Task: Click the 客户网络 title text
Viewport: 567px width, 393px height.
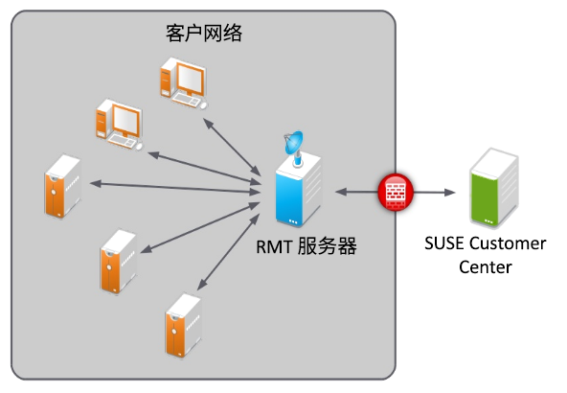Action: (204, 34)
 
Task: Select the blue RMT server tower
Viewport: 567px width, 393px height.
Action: (298, 190)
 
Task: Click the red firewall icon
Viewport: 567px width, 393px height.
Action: (396, 192)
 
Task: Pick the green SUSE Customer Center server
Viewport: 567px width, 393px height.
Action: (494, 188)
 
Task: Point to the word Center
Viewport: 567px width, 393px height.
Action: (486, 267)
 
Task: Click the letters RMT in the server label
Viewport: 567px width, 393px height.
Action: (274, 246)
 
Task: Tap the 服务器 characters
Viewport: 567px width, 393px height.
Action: (328, 246)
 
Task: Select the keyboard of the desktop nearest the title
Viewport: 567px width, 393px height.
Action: (187, 99)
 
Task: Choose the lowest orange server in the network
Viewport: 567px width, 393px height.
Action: (183, 325)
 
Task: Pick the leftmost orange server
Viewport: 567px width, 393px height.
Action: (62, 186)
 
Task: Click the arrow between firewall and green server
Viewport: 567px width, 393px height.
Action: (434, 192)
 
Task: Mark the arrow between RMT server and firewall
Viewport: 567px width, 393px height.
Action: (356, 192)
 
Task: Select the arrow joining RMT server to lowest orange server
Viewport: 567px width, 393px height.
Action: (228, 252)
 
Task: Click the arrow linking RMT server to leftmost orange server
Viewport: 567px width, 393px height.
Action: (175, 188)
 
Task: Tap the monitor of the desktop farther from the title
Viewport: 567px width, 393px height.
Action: (125, 120)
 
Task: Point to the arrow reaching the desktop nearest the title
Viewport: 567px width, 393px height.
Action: (232, 148)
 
